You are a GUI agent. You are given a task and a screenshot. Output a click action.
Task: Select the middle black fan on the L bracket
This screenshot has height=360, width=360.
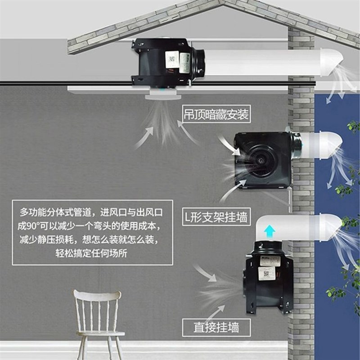263,160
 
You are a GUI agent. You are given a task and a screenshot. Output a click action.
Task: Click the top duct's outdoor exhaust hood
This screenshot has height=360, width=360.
332,63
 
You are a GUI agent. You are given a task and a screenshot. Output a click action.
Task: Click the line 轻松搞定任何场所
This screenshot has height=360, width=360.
92,252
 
